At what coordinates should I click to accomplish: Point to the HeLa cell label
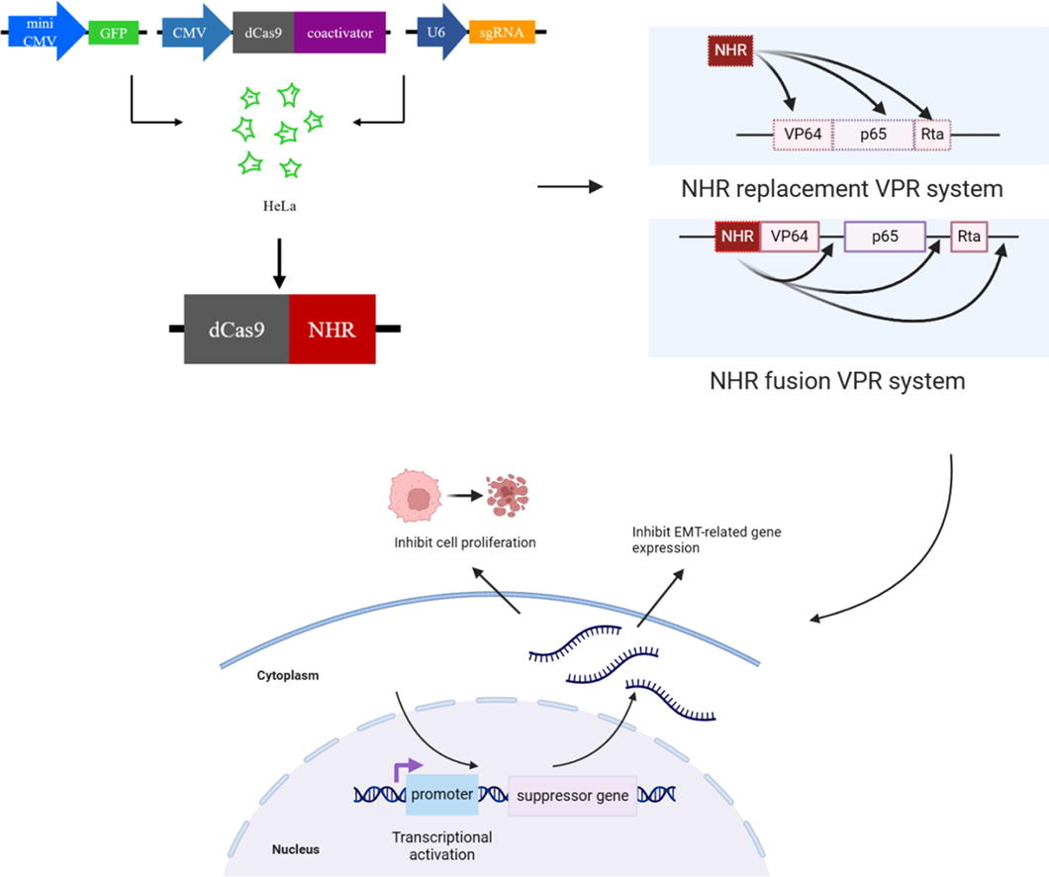(271, 207)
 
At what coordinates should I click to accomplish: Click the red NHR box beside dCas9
(332, 328)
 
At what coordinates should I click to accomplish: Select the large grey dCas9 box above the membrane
(237, 328)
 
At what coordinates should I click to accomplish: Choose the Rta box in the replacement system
(931, 134)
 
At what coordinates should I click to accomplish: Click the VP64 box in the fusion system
(789, 237)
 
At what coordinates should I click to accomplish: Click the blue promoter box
(441, 794)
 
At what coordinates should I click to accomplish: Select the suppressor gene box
(570, 795)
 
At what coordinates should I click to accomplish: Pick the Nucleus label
(296, 849)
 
